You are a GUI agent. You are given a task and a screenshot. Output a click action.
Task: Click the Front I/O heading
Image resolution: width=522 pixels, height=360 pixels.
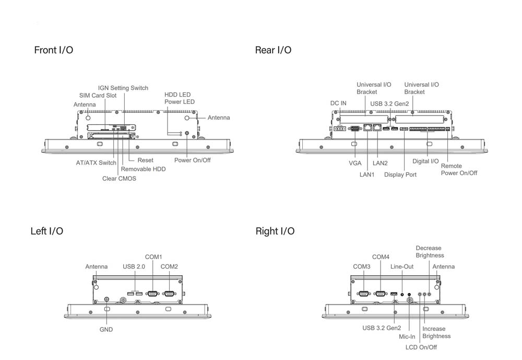pyautogui.click(x=53, y=50)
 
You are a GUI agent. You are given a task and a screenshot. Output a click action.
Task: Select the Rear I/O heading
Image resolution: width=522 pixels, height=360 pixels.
pyautogui.click(x=273, y=50)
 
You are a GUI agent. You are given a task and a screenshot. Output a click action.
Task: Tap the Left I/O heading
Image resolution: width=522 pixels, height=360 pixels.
pyautogui.click(x=47, y=231)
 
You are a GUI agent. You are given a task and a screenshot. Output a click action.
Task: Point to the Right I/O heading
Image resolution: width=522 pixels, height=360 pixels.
pyautogui.click(x=275, y=231)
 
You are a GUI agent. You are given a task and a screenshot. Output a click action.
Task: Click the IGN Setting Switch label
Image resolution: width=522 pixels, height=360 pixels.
pyautogui.click(x=123, y=88)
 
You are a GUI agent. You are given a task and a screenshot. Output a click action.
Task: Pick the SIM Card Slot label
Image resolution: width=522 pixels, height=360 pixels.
pyautogui.click(x=98, y=96)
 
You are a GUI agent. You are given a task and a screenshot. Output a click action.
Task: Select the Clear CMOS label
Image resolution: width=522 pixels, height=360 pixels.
pyautogui.click(x=119, y=179)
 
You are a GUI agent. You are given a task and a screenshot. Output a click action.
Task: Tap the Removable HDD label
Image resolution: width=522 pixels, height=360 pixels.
pyautogui.click(x=143, y=169)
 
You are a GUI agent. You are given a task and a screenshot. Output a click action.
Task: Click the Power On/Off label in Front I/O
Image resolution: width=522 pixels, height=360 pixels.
pyautogui.click(x=193, y=160)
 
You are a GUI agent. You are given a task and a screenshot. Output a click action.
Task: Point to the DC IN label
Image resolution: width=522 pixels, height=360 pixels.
pyautogui.click(x=338, y=103)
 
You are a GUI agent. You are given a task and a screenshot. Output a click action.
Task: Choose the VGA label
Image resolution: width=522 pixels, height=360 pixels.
pyautogui.click(x=355, y=163)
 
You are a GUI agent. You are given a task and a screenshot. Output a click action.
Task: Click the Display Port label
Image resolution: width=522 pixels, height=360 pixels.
pyautogui.click(x=400, y=175)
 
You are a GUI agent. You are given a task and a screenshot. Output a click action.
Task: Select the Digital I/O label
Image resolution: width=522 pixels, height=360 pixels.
pyautogui.click(x=426, y=161)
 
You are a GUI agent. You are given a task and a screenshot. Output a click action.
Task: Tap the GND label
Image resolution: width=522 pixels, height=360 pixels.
pyautogui.click(x=106, y=330)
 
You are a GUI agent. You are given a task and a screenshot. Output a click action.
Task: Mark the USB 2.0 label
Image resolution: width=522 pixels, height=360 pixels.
pyautogui.click(x=134, y=267)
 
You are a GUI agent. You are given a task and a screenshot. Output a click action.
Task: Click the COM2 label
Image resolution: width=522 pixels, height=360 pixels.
pyautogui.click(x=169, y=267)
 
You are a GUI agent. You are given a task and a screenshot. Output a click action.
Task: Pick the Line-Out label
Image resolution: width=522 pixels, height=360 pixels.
pyautogui.click(x=402, y=267)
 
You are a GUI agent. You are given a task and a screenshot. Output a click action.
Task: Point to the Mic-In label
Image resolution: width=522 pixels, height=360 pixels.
pyautogui.click(x=407, y=337)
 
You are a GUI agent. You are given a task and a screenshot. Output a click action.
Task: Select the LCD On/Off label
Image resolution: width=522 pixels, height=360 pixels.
pyautogui.click(x=421, y=347)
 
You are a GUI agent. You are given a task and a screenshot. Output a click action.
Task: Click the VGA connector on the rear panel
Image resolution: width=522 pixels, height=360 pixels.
pyautogui.click(x=355, y=127)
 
